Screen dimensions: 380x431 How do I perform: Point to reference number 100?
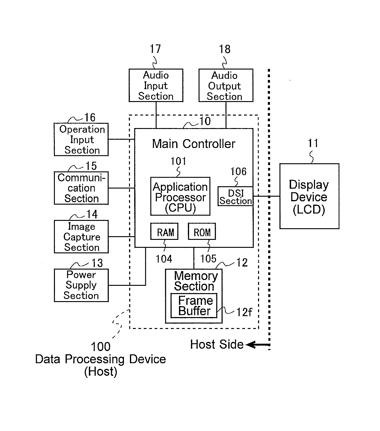click(x=101, y=346)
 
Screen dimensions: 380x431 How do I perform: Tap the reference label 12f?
click(x=244, y=312)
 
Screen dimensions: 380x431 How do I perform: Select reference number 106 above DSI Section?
click(x=238, y=172)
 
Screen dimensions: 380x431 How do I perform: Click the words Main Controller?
click(x=193, y=144)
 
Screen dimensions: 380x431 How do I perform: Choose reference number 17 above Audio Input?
click(x=155, y=49)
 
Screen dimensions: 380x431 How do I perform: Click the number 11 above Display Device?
click(x=313, y=143)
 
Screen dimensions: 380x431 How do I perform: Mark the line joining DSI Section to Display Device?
click(x=266, y=196)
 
